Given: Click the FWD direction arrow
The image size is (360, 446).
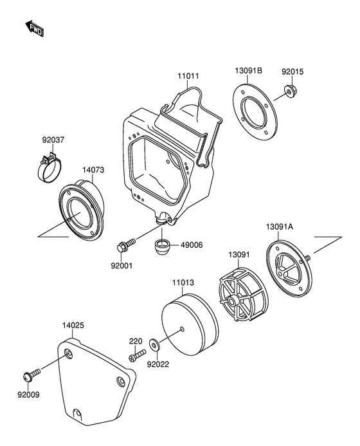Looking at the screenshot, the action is point(34,28).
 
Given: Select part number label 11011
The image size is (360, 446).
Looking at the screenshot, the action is point(188,76).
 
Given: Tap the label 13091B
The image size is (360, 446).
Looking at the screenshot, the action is point(248,71).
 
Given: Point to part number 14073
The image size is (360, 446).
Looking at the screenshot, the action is point(93,170).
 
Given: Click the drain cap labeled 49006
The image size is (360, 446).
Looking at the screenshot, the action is point(162,247).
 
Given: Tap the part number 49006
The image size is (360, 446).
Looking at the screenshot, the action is point(192,245).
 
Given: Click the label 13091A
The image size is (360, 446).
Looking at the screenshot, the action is point(280,227).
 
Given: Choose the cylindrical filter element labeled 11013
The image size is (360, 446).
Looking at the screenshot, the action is point(190,324).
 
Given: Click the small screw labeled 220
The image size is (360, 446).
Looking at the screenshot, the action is point(137,355).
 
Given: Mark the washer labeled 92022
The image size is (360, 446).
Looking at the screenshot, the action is point(154,345).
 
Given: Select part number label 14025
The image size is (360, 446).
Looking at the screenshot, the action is point(73,325).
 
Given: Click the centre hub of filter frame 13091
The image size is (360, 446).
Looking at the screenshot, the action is point(234,301).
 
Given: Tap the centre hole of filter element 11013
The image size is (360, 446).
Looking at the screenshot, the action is point(182,330).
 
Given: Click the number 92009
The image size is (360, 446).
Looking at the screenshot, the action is point(28,395).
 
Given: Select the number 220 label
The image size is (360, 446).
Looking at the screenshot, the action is point(136,340).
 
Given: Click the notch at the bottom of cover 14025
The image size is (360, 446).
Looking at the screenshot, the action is point(77,413).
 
